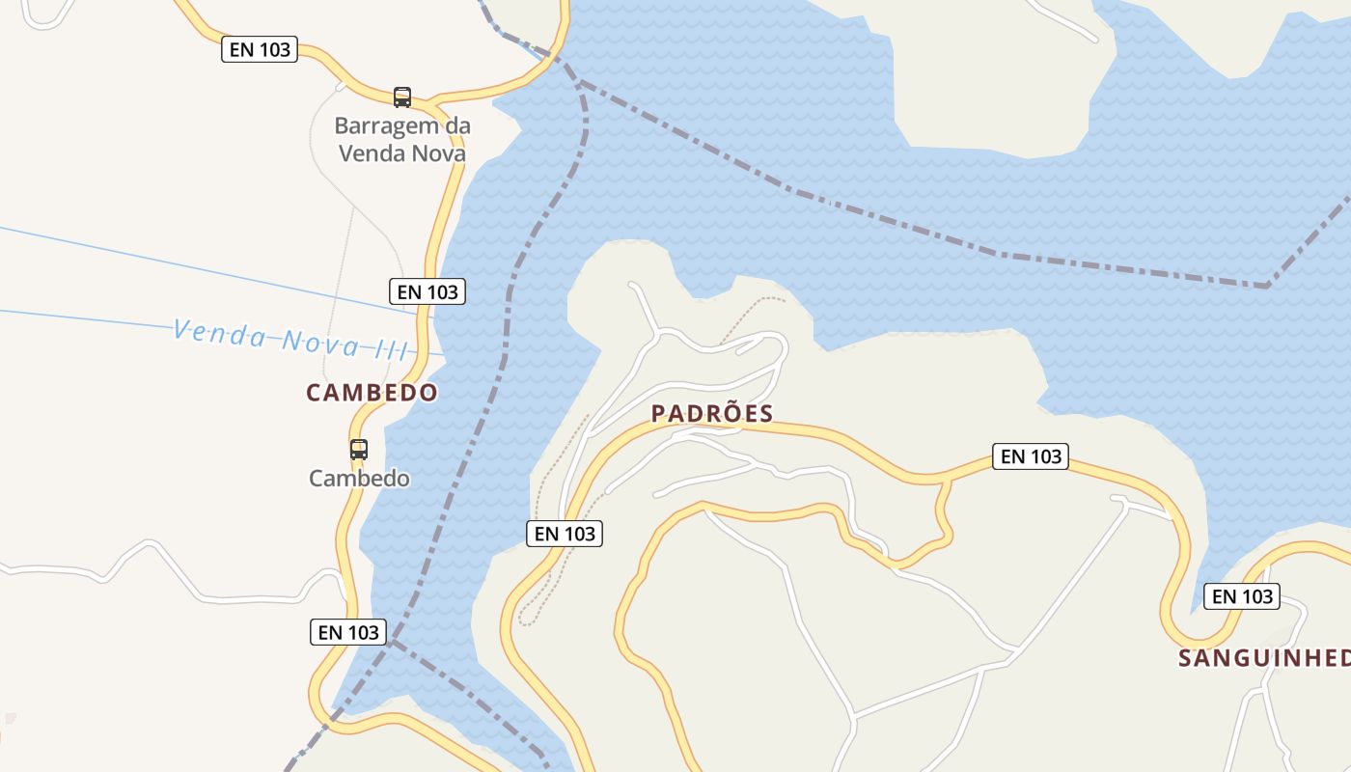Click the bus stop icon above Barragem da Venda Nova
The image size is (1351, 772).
402,96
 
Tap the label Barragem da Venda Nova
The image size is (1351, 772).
401,139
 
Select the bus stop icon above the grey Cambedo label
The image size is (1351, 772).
359,449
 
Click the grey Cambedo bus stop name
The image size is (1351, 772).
359,479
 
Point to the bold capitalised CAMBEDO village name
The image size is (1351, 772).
372,393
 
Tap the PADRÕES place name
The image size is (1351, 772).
712,414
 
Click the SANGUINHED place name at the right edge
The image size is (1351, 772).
1264,658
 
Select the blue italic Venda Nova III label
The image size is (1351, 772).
290,340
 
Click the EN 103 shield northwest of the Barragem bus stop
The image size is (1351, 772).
260,49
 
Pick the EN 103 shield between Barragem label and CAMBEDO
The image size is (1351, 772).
427,290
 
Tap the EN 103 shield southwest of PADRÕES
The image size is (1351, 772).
565,533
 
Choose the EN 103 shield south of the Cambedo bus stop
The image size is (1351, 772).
348,632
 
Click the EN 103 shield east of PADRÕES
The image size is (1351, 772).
1032,456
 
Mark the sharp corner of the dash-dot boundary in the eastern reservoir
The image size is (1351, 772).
1267,286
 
